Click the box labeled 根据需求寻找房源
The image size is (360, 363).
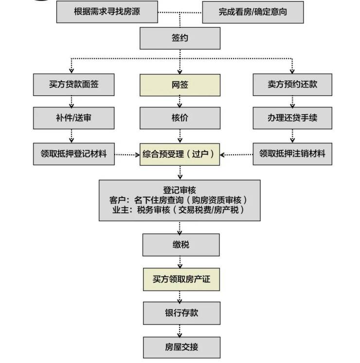coord(107,12)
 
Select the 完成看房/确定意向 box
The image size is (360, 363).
coord(252,12)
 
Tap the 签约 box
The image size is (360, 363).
coord(180,38)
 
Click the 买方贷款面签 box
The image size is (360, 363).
coord(74,85)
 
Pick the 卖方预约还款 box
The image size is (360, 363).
coord(292,85)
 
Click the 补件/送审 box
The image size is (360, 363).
coord(74,118)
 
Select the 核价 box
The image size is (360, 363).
coord(180,118)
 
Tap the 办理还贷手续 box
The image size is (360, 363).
coord(292,118)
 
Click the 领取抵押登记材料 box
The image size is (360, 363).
coord(74,154)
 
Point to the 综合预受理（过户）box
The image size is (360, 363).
coord(180,154)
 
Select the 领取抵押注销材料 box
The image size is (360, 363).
coord(292,154)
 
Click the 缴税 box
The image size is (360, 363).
coord(180,245)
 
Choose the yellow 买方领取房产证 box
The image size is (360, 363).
coord(180,280)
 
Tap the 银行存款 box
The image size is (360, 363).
coord(180,313)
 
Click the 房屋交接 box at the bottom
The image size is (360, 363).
coord(180,347)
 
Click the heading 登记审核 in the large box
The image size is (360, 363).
coord(180,190)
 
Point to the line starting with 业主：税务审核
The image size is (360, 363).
coord(180,210)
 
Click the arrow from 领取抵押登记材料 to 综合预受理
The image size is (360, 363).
coord(127,155)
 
